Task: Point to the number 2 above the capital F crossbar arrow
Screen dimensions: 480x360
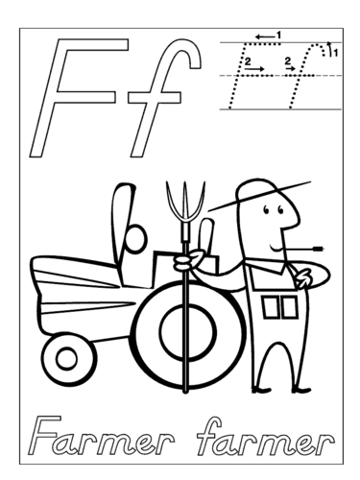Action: tap(249, 60)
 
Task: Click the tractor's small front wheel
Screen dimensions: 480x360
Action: tap(67, 360)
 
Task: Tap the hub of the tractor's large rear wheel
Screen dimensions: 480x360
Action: tap(179, 332)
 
